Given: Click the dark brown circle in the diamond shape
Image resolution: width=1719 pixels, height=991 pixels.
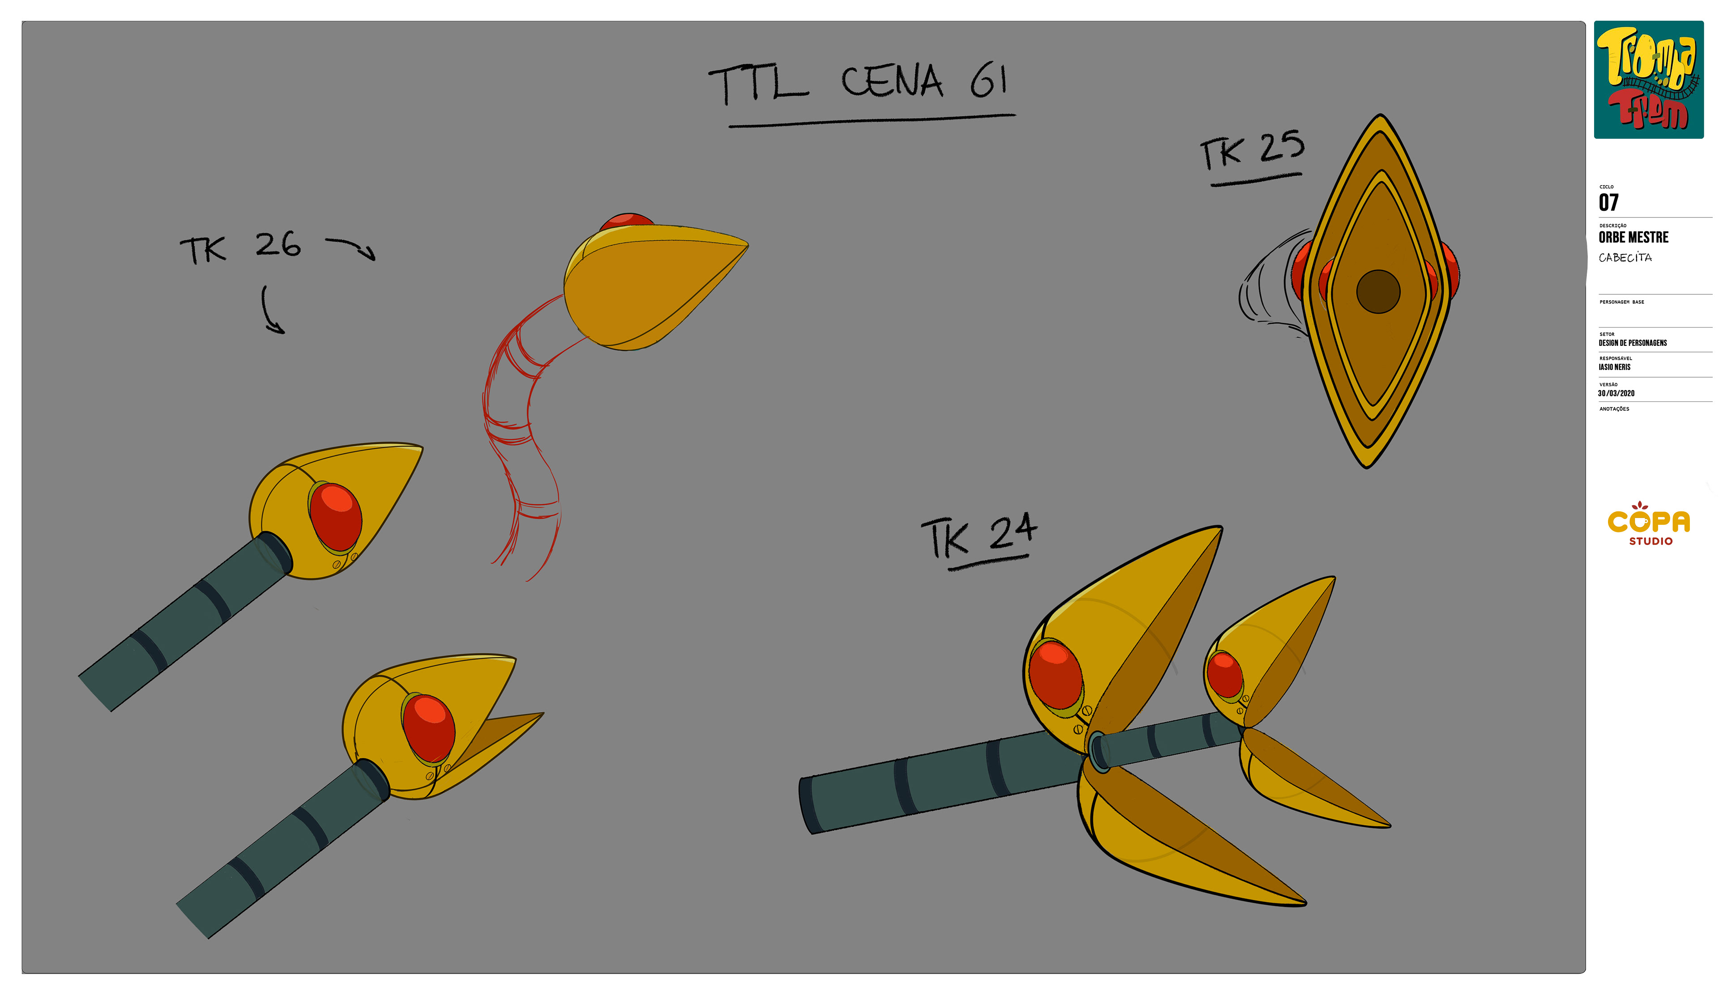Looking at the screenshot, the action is click(x=1377, y=291).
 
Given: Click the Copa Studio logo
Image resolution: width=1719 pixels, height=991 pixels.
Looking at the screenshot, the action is click(x=1648, y=524).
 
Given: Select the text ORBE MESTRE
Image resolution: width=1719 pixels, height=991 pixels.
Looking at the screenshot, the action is click(x=1633, y=238).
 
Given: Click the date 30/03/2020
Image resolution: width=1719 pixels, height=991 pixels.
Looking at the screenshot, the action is click(x=1616, y=393).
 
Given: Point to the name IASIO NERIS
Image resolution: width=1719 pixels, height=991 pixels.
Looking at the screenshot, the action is click(x=1614, y=367).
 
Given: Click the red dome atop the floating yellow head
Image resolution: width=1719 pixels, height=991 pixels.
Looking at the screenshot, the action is click(x=626, y=221).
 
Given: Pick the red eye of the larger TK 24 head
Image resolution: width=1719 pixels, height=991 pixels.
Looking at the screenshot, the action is click(x=1055, y=675).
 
